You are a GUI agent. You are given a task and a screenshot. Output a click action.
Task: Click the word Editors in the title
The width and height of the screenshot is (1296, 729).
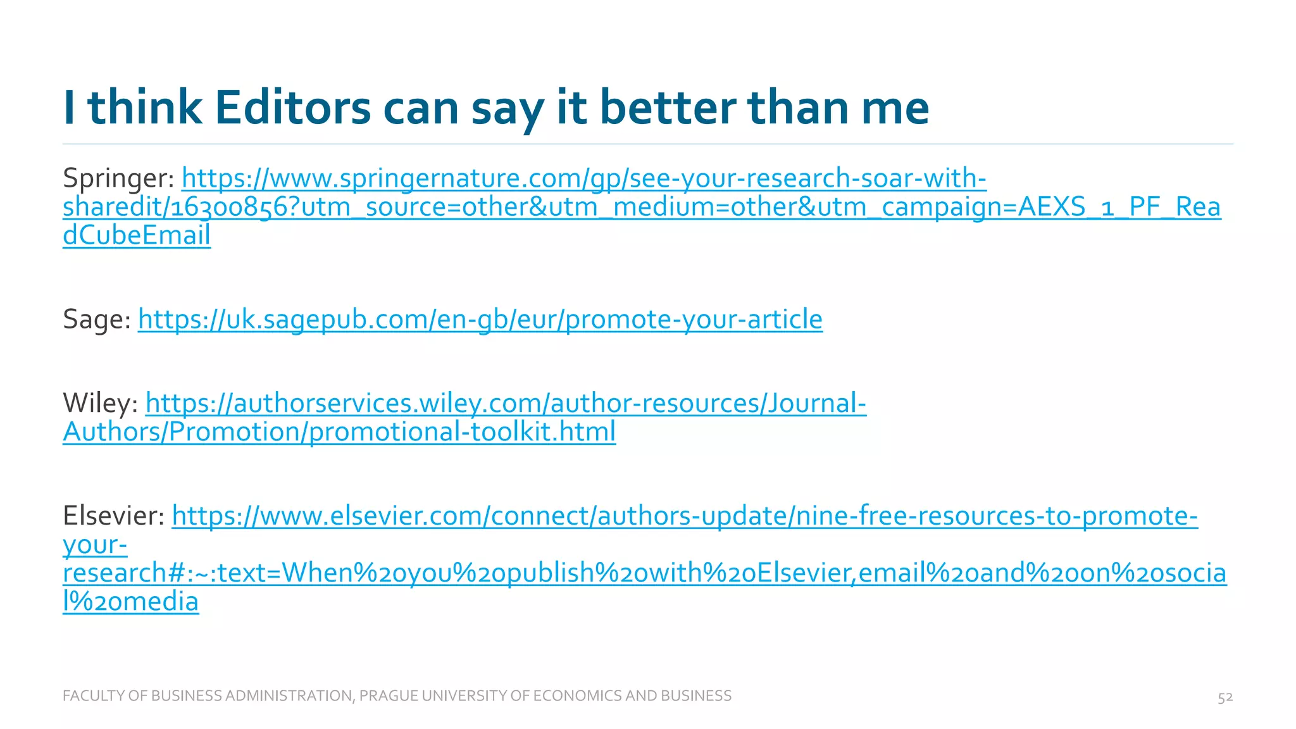pos(292,108)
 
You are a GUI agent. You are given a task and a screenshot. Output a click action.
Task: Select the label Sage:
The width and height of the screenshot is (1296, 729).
pos(97,319)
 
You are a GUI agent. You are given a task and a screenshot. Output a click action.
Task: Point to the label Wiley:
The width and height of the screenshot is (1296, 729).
pos(101,403)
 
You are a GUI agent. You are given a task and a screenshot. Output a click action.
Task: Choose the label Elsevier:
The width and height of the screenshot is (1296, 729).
pos(114,516)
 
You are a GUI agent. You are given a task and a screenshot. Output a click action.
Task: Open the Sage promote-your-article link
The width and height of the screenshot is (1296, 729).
pos(480,319)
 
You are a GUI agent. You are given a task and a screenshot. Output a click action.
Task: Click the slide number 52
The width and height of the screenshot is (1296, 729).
pos(1225,697)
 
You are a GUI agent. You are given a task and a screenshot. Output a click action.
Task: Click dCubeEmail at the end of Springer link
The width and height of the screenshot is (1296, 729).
pos(137,235)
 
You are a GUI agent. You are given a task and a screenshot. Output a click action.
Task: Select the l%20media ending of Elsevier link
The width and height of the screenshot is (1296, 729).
pos(130,601)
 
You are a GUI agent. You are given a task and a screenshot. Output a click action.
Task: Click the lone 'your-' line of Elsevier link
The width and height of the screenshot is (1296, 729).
pos(95,544)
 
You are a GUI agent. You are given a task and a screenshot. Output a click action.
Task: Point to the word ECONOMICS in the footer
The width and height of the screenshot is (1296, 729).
pos(577,696)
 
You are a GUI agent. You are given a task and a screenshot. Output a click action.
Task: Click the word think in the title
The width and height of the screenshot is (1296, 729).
pos(145,108)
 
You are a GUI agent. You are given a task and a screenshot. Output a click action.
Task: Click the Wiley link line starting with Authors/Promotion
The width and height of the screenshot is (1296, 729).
pos(339,432)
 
